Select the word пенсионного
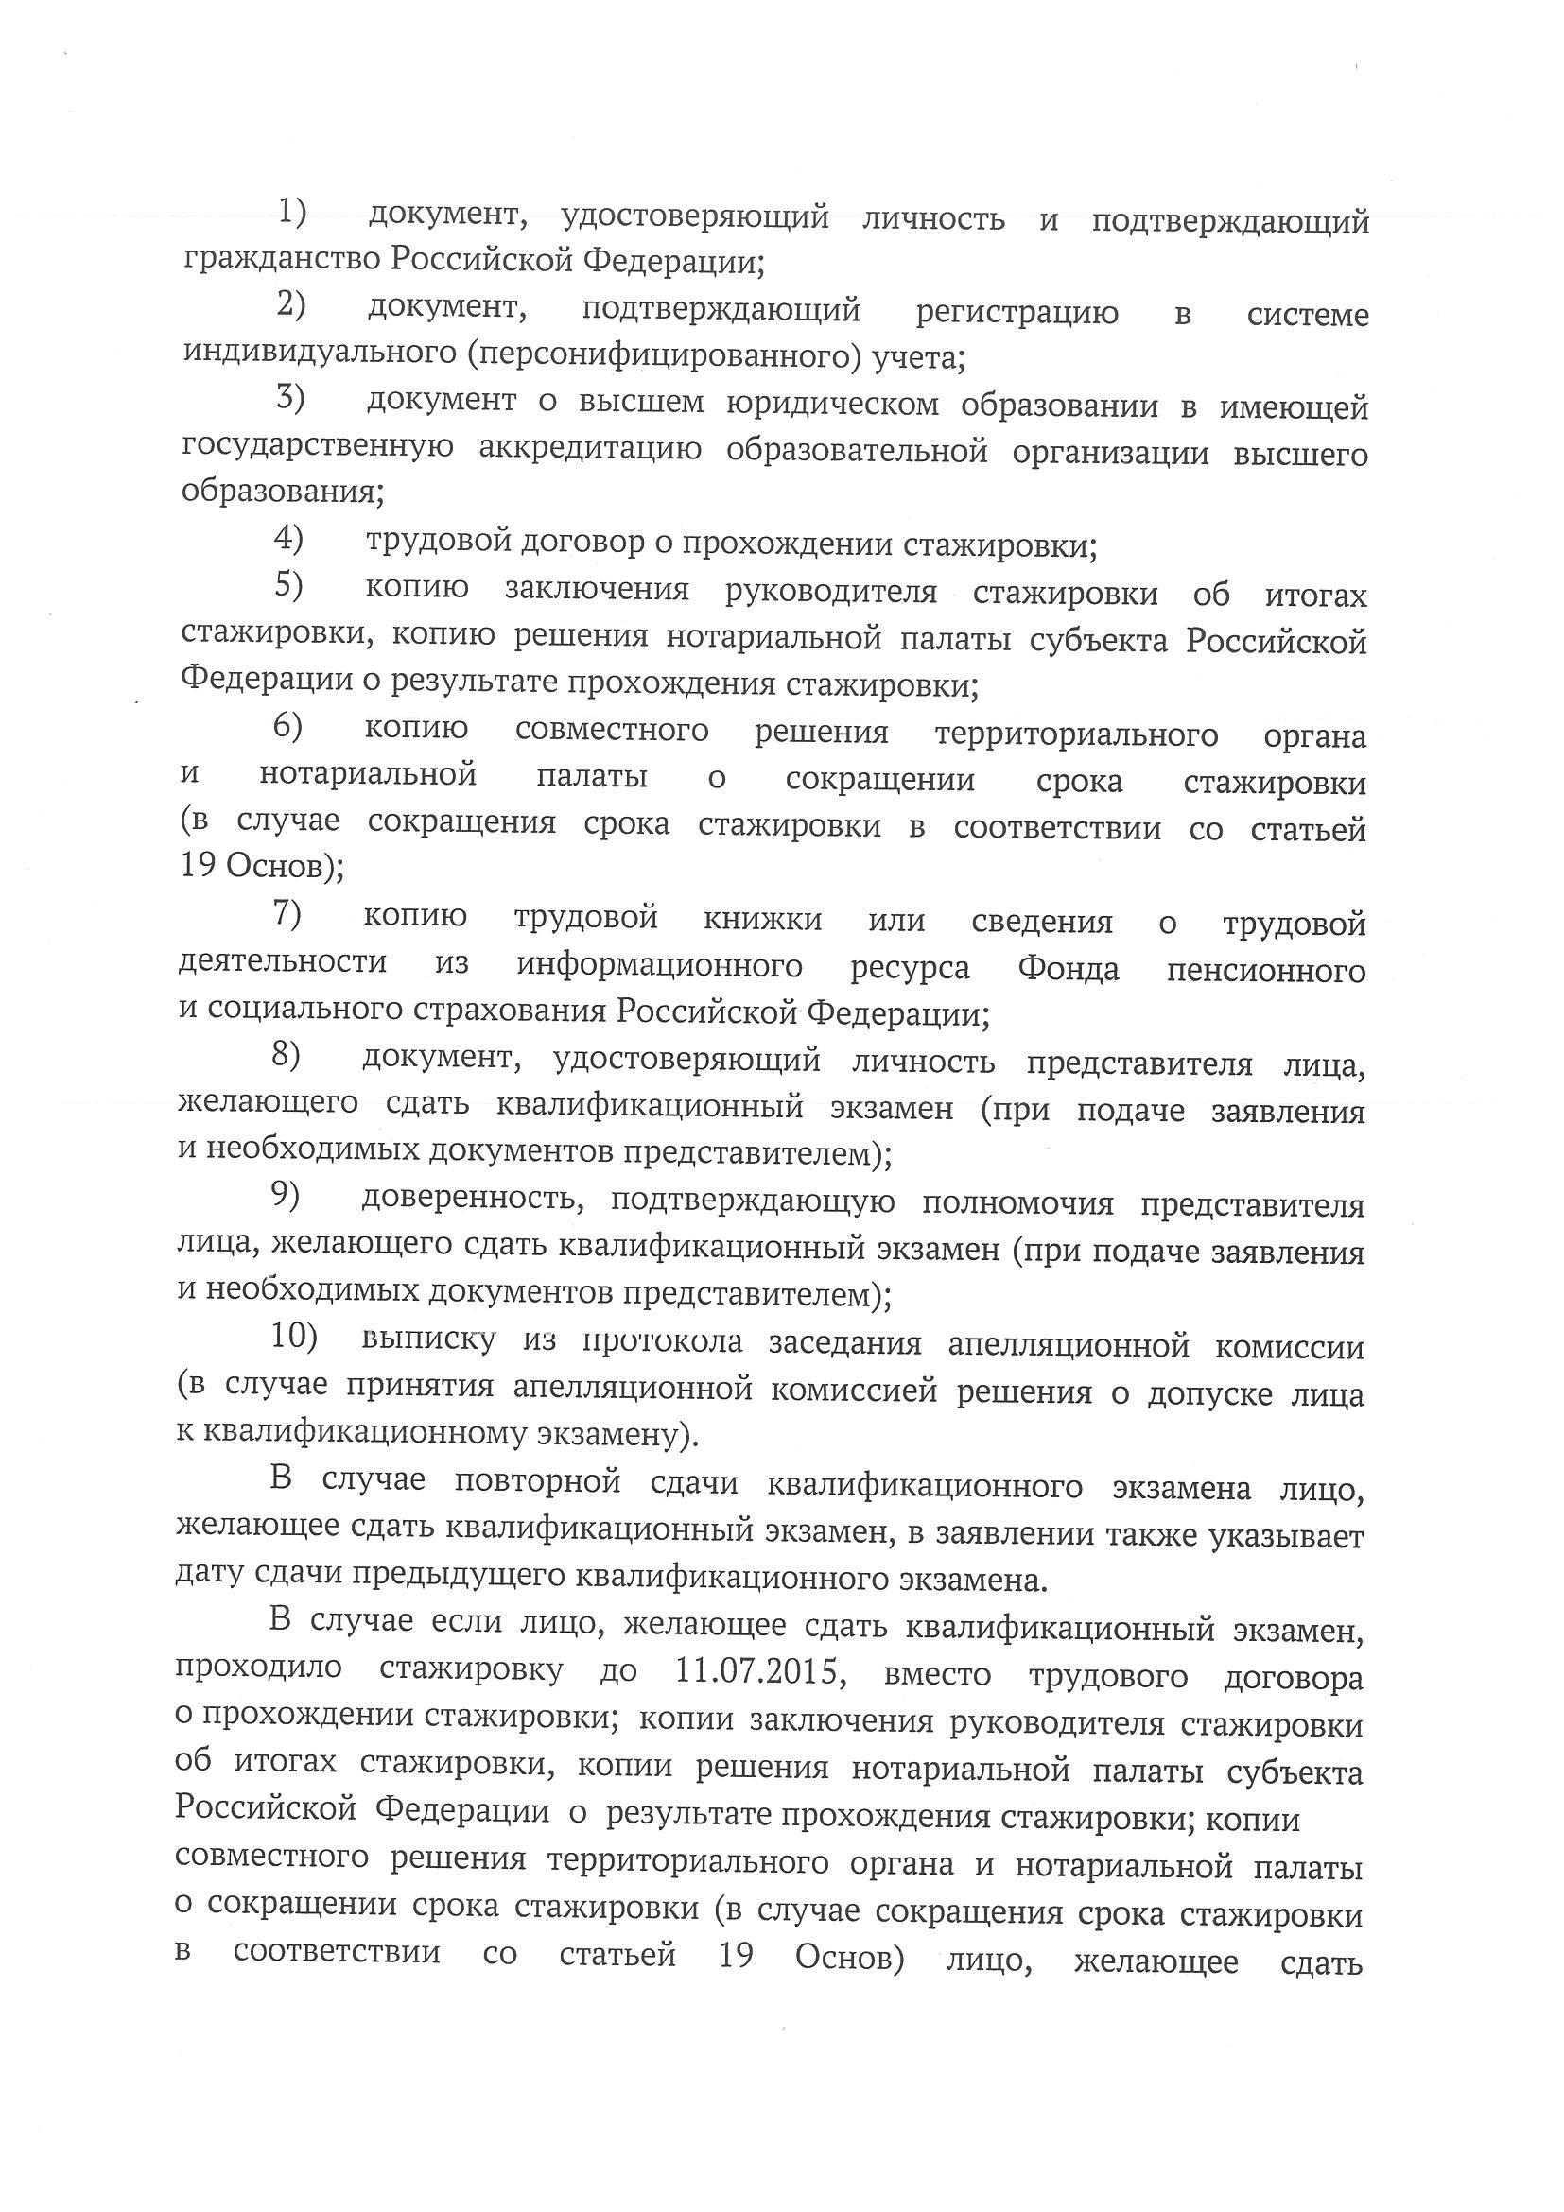click(x=1265, y=969)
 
